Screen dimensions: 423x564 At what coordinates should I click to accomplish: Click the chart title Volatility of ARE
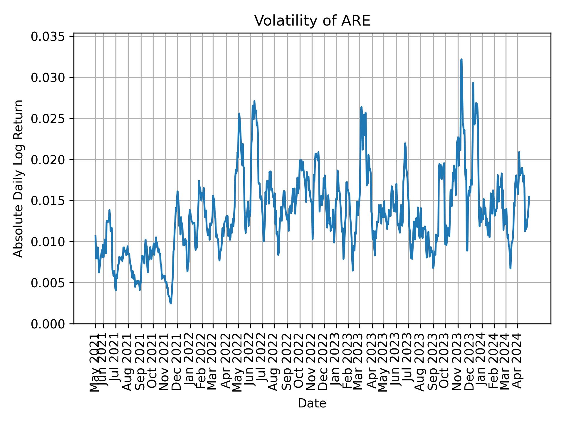coord(312,21)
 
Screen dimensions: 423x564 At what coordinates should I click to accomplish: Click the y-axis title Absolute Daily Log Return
coord(19,179)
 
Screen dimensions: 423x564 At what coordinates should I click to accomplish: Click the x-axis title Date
coord(312,403)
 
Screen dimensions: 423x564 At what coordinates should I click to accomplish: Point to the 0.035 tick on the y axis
coord(48,37)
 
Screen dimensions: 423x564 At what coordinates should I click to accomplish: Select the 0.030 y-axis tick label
coord(48,78)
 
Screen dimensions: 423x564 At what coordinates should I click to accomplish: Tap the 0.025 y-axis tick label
coord(48,119)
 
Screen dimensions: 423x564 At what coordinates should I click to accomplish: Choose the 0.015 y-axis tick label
coord(48,201)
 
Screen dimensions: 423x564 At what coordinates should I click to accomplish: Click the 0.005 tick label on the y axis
coord(48,283)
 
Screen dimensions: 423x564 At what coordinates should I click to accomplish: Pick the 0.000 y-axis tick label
coord(48,324)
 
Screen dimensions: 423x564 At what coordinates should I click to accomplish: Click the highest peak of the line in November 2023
coord(461,59)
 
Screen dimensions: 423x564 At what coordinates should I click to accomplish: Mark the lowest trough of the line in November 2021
coord(171,303)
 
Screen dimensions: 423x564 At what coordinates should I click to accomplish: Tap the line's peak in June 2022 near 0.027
coord(254,101)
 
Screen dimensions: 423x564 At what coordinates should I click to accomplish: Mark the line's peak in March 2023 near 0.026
coord(361,107)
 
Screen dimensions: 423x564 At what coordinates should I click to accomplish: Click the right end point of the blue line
coord(529,197)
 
